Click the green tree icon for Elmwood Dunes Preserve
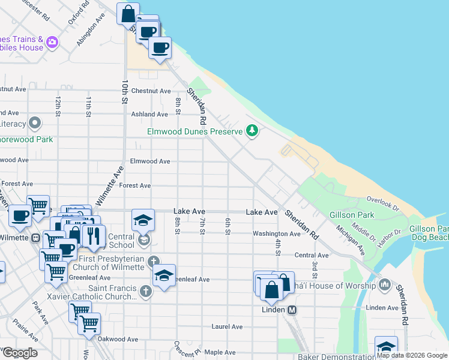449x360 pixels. [x=253, y=131]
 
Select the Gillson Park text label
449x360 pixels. [x=351, y=215]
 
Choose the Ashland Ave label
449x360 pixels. [x=149, y=114]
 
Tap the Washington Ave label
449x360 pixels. [x=276, y=233]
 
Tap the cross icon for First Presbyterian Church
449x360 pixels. [x=154, y=261]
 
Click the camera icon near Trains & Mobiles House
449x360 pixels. [x=52, y=42]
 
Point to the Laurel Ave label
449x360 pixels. [x=227, y=327]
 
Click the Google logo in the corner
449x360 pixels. [x=19, y=352]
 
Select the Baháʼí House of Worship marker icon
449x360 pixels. [x=385, y=285]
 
